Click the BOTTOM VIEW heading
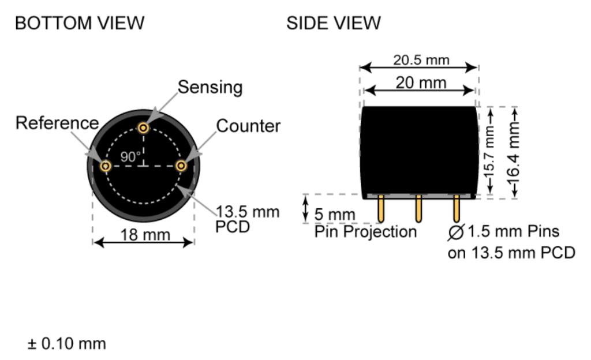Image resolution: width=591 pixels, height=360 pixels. click(x=80, y=23)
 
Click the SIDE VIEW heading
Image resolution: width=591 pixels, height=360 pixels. click(x=334, y=23)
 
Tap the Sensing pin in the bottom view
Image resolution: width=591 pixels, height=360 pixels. click(x=143, y=128)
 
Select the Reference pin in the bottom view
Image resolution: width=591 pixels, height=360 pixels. click(x=106, y=166)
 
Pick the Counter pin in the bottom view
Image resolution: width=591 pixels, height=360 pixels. click(x=181, y=166)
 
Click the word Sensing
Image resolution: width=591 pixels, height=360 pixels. click(x=210, y=88)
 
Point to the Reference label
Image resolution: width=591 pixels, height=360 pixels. click(x=57, y=123)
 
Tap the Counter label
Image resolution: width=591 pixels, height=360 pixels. click(x=248, y=126)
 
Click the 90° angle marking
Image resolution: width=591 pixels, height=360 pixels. click(x=130, y=157)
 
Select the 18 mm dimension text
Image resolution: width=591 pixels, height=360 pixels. click(x=145, y=235)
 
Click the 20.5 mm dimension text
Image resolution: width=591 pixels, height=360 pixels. click(x=421, y=60)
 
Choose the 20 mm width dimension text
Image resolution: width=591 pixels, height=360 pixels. click(x=421, y=82)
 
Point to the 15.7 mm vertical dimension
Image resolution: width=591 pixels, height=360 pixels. click(x=489, y=152)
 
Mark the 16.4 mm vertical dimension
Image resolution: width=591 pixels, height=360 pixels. click(x=514, y=152)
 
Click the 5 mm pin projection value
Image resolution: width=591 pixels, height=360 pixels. click(x=335, y=215)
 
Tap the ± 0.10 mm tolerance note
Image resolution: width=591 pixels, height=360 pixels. click(x=67, y=344)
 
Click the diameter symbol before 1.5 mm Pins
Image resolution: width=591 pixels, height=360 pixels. click(x=456, y=232)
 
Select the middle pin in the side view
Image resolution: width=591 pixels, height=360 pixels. click(x=418, y=208)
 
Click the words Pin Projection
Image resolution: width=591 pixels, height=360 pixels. click(x=365, y=232)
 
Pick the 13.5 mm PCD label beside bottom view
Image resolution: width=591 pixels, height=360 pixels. click(x=247, y=219)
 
